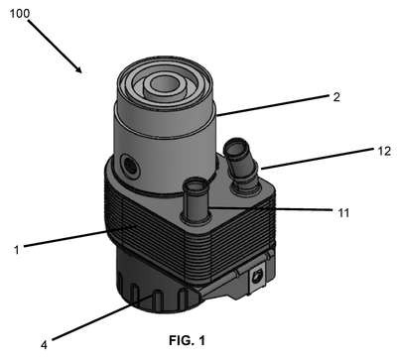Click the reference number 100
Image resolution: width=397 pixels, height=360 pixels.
(20, 14)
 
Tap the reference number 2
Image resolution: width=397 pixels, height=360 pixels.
(336, 97)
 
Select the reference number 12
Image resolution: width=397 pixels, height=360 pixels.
(384, 151)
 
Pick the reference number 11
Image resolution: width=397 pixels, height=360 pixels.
(343, 213)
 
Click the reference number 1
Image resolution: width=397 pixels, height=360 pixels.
(17, 250)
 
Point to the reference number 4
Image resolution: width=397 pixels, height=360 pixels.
(44, 345)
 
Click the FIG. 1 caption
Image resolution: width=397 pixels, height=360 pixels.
(187, 340)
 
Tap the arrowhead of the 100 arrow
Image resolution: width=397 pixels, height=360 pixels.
(78, 68)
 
